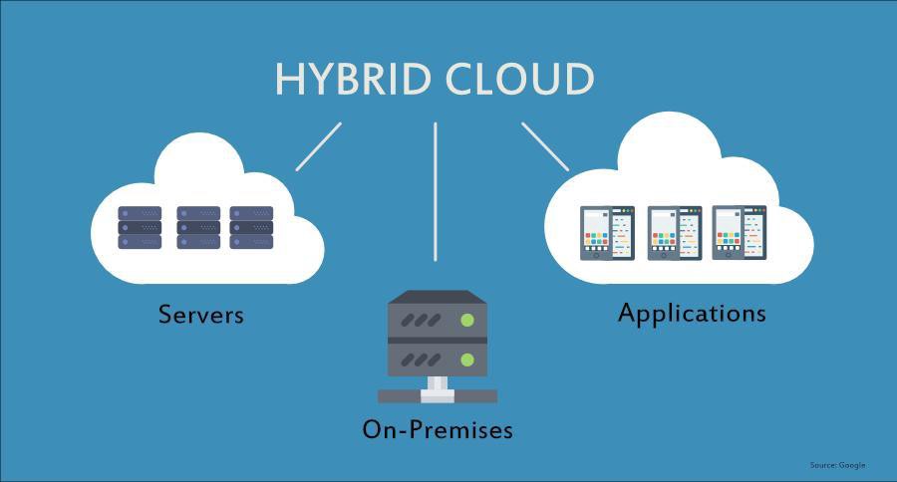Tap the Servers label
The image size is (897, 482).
[201, 315]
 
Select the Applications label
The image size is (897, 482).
[692, 313]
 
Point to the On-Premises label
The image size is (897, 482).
[438, 429]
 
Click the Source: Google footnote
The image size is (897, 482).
[837, 465]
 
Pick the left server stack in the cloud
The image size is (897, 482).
[139, 227]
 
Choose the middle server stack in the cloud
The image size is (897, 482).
[198, 227]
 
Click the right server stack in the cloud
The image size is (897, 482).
[251, 227]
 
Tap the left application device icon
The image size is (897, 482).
[608, 233]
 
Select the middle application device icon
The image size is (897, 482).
[675, 233]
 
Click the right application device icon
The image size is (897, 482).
[739, 233]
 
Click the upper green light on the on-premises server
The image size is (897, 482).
[466, 321]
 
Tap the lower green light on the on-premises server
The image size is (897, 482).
[466, 359]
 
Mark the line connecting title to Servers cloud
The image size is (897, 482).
[318, 146]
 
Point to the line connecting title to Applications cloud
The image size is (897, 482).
[545, 146]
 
